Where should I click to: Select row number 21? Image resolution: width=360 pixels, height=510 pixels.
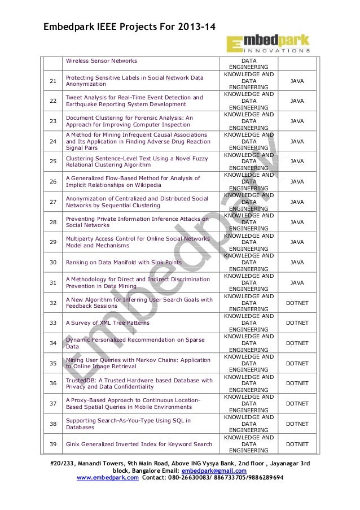tap(52, 81)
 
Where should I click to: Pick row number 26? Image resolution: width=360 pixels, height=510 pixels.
tap(52, 182)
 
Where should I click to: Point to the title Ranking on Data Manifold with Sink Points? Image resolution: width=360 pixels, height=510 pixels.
tap(124, 263)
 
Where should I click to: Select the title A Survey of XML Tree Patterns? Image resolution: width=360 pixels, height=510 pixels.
tap(107, 323)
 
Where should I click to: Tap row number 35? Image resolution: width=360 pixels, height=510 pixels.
tap(52, 363)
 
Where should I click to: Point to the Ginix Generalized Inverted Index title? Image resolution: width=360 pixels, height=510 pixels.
tap(139, 444)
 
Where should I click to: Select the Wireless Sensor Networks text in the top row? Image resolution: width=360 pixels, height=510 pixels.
tap(102, 60)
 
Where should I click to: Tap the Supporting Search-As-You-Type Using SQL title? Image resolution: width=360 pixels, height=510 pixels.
tap(128, 424)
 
